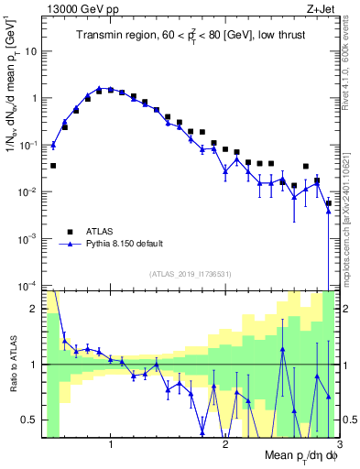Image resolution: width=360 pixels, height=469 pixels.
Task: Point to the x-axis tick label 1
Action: pyautogui.click(x=111, y=445)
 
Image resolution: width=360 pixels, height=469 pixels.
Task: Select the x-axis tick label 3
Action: pyautogui.click(x=338, y=445)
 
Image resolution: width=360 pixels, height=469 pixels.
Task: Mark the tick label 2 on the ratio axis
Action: pyautogui.click(x=34, y=309)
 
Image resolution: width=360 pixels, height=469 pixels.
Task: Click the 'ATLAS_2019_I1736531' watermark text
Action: pyautogui.click(x=191, y=274)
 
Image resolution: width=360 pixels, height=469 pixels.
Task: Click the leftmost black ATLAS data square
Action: pyautogui.click(x=53, y=166)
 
